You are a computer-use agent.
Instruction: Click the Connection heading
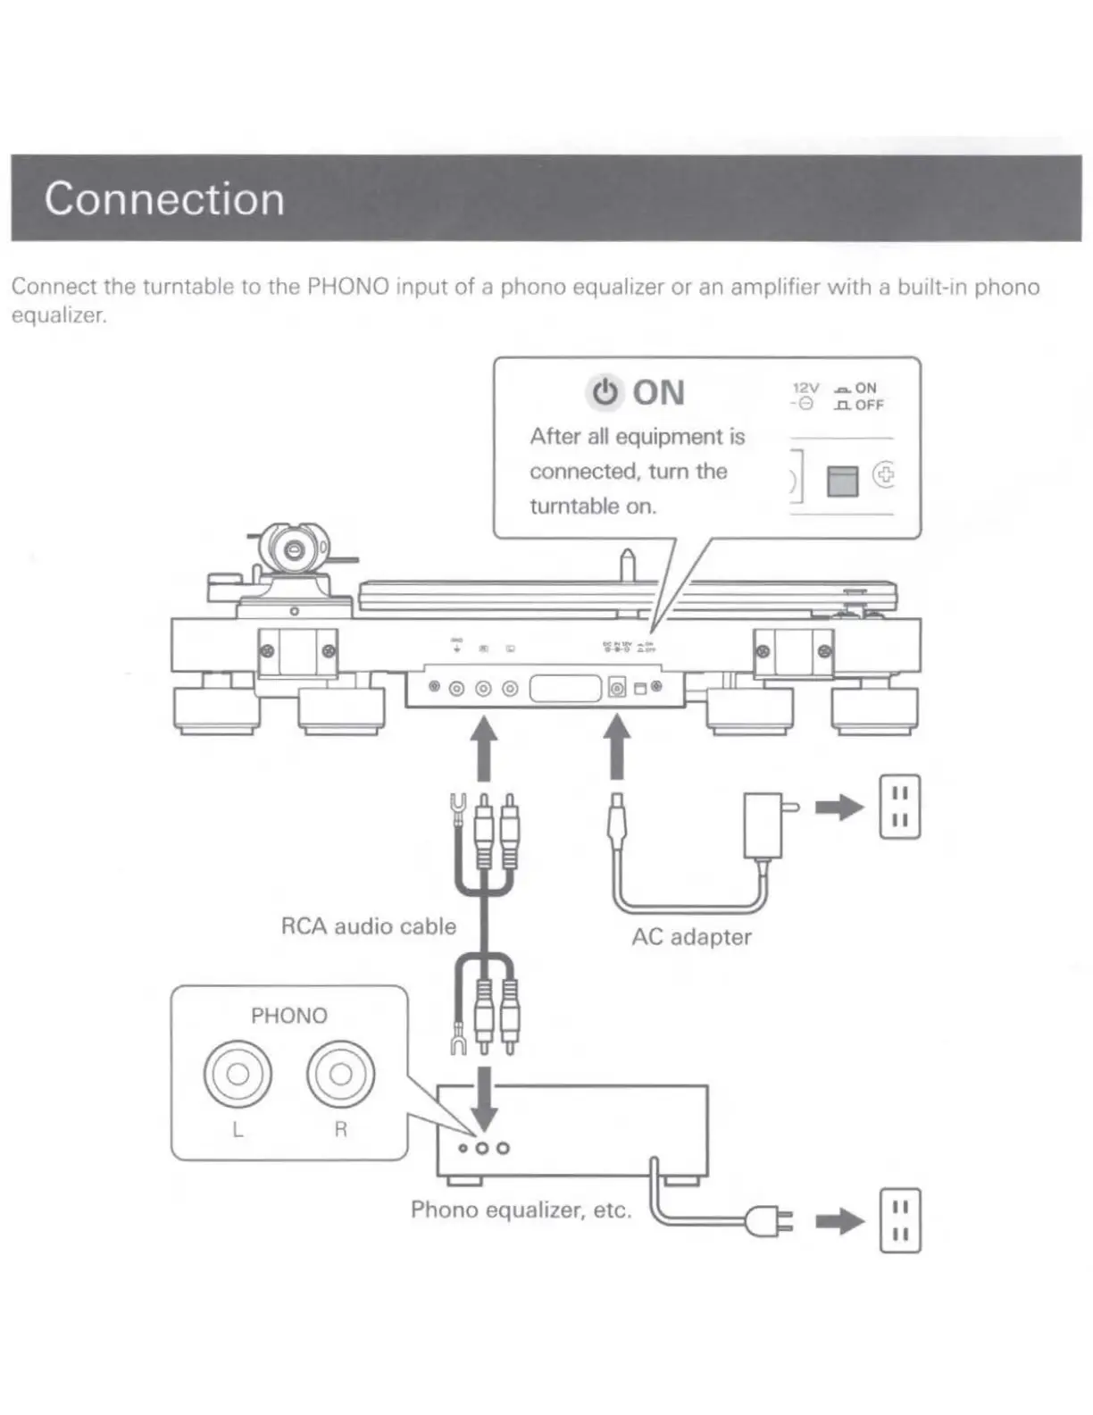coord(164,198)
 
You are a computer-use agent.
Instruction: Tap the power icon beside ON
coord(605,392)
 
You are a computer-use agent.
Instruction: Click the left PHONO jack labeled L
coord(238,1073)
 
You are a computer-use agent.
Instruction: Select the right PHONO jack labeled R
coord(340,1073)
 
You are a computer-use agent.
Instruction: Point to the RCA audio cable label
coord(368,926)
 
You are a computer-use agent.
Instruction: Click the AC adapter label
coord(691,937)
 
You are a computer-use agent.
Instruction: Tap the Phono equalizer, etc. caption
coord(521,1210)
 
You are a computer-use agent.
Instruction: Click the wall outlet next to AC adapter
coord(899,807)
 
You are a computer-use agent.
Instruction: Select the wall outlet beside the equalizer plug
coord(899,1220)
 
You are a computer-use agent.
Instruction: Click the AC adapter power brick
coord(763,825)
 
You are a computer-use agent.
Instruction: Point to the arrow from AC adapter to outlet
coord(839,808)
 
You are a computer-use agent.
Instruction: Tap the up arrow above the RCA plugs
coord(484,750)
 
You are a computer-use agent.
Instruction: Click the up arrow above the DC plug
coord(616,750)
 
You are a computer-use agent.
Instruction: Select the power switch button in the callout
coord(842,481)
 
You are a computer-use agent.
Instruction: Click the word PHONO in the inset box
coord(288,1016)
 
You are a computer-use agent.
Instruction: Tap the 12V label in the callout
coord(805,388)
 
